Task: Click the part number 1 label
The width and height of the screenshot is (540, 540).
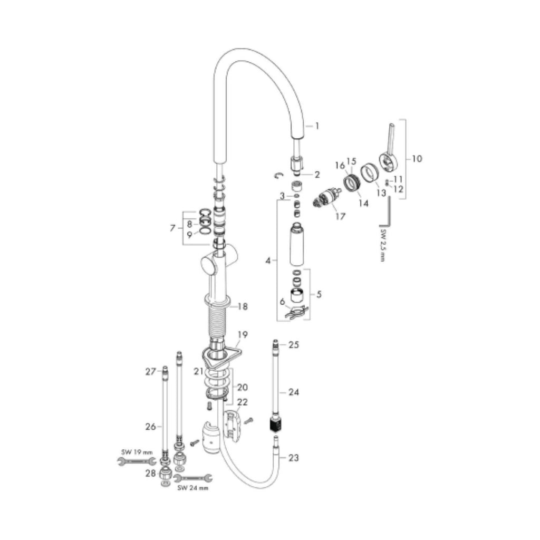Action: pyautogui.click(x=317, y=126)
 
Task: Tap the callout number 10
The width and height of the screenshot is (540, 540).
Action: pyautogui.click(x=417, y=158)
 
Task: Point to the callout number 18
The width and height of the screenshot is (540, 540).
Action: pyautogui.click(x=243, y=306)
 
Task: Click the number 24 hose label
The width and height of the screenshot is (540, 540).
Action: pyautogui.click(x=293, y=392)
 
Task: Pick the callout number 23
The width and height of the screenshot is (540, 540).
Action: pyautogui.click(x=293, y=458)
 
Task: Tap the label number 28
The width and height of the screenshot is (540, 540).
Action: pyautogui.click(x=150, y=473)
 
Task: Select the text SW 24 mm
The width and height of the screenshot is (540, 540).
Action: pyautogui.click(x=192, y=488)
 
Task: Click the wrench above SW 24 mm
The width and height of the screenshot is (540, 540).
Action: pyautogui.click(x=192, y=478)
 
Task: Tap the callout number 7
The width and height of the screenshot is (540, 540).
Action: pyautogui.click(x=172, y=228)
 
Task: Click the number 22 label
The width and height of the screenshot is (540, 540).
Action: pyautogui.click(x=242, y=402)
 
